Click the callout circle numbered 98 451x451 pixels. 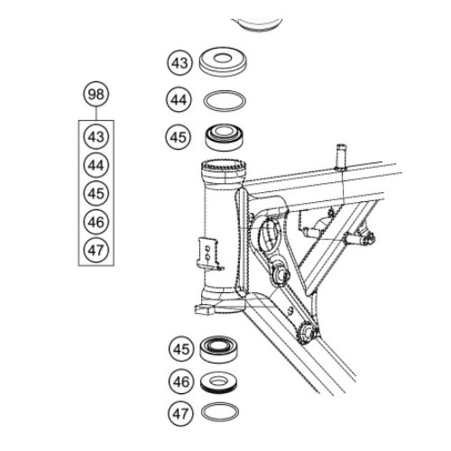coord(95,94)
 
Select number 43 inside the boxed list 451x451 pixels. coord(96,137)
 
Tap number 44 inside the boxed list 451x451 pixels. coord(96,165)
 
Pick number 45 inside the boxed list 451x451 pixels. coord(96,193)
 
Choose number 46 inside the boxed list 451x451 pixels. coord(96,222)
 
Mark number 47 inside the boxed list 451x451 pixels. coord(96,250)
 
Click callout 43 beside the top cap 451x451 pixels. coord(179,62)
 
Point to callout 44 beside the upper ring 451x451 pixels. coord(179,100)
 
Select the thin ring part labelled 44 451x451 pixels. coord(224,100)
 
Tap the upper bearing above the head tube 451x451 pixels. coord(224,138)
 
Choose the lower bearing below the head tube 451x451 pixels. coord(221,349)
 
